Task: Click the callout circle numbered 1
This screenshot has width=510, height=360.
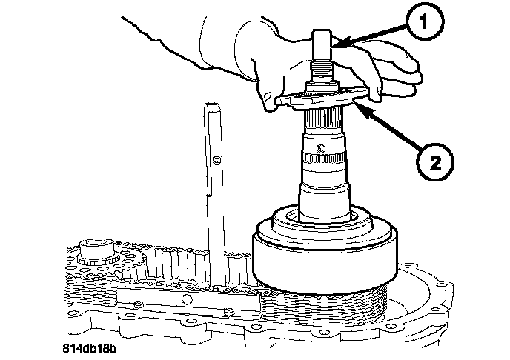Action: pos(425,22)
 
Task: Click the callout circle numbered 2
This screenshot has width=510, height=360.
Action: pos(435,162)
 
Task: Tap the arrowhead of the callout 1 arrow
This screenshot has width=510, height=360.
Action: pos(337,45)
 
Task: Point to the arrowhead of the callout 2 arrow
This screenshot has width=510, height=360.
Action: pos(360,108)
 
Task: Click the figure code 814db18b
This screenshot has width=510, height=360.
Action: pos(89,349)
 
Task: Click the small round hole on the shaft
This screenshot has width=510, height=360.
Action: pos(321,148)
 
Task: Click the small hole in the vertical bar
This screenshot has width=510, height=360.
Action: pos(216,160)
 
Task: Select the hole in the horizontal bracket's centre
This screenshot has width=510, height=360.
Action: pos(186,299)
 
